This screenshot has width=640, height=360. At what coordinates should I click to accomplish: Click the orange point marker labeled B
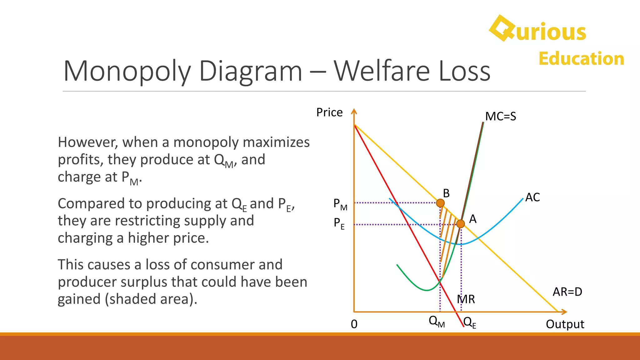[x=440, y=203]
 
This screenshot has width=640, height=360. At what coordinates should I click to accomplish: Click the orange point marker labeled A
[x=460, y=224]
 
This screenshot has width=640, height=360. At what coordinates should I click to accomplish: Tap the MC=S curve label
[x=500, y=117]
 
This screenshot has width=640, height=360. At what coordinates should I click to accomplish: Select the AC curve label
[x=532, y=197]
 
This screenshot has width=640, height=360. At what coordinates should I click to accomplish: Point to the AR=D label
[x=567, y=292]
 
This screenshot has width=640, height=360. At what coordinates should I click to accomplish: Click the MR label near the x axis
[x=466, y=299]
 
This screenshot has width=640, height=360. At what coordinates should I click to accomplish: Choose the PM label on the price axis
[x=340, y=204]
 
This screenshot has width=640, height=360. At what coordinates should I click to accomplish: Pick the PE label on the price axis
[x=339, y=223]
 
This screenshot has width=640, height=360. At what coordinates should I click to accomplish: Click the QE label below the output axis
[x=470, y=322]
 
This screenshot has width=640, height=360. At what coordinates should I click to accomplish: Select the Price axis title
[x=329, y=112]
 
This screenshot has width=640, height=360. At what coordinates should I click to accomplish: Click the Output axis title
[x=565, y=324]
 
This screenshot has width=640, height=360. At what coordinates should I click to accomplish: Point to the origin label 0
[x=354, y=324]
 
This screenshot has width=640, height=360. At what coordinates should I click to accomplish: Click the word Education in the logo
[x=581, y=59]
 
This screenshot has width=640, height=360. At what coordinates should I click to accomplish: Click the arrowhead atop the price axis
[x=354, y=111]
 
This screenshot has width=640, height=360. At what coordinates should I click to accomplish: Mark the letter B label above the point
[x=446, y=193]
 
